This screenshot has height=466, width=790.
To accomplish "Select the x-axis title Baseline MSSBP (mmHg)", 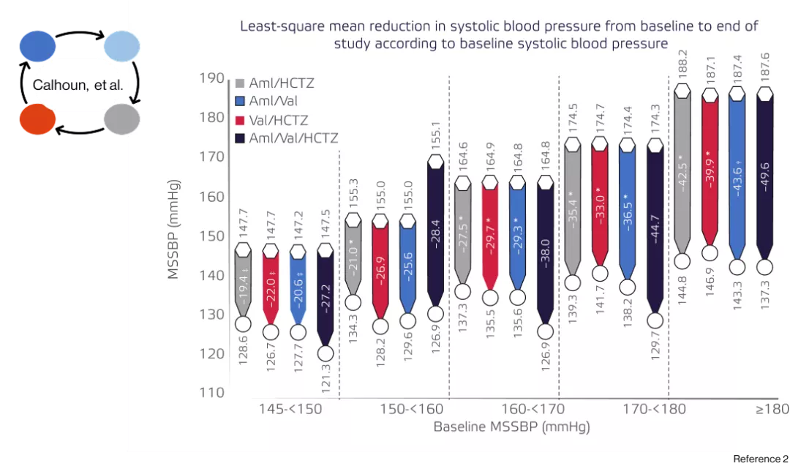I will point(511,426).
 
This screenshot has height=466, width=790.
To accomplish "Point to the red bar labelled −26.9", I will point(380,271).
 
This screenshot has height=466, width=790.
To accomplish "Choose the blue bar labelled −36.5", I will point(627,212).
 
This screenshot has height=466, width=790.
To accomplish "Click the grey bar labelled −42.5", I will point(682,172).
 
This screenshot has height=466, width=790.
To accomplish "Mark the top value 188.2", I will point(682,64).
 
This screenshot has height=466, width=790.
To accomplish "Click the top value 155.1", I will point(436,136).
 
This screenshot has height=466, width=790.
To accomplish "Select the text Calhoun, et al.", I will point(78,86).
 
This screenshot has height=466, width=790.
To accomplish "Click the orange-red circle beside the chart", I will point(37,119).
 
